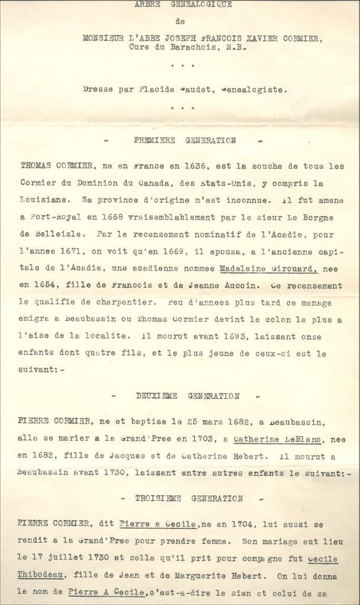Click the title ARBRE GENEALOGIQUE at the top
[x=183, y=5]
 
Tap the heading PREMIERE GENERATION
[x=185, y=141]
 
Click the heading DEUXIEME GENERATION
[x=187, y=396]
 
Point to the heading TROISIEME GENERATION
[x=189, y=498]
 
